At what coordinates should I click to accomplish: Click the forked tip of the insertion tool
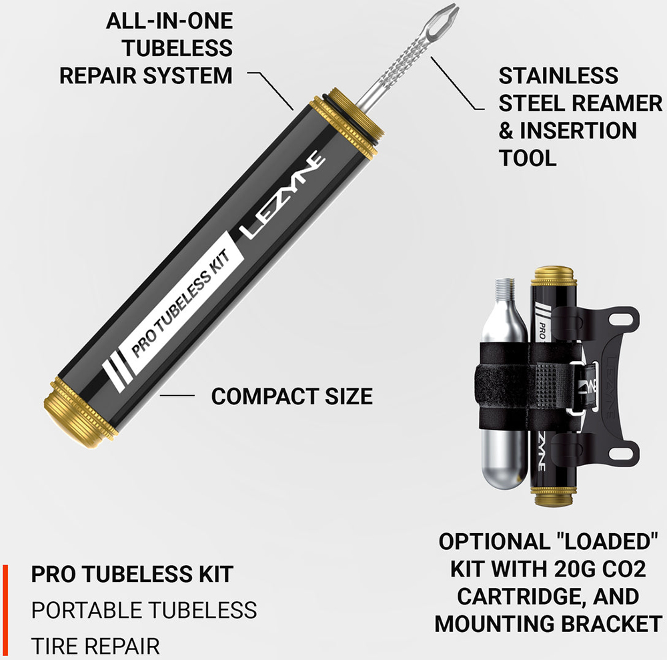(x=444, y=17)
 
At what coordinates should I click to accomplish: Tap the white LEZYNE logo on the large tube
(x=282, y=194)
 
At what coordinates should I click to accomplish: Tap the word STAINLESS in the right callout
(x=558, y=76)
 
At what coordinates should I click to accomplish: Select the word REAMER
(x=617, y=103)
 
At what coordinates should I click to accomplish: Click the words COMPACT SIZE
(x=292, y=396)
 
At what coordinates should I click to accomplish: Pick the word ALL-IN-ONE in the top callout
(x=169, y=21)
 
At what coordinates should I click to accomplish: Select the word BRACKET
(x=609, y=624)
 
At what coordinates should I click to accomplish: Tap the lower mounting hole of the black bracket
(x=622, y=453)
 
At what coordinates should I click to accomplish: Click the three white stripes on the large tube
(x=117, y=369)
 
